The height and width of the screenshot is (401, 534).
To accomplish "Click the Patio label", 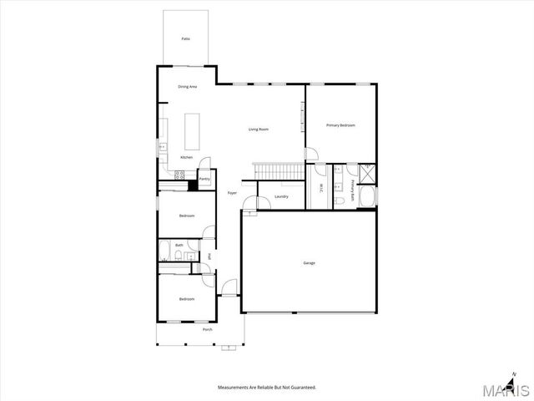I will tap(186, 39).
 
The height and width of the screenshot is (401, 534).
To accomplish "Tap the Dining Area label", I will tap(187, 87).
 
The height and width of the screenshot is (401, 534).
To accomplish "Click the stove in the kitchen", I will tap(178, 174).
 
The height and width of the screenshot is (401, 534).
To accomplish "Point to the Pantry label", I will tap(204, 179).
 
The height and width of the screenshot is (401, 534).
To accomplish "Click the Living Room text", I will tap(259, 129).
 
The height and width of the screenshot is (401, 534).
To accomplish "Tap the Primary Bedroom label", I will tap(340, 125).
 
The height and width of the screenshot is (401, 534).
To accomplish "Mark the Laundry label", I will tap(281, 197).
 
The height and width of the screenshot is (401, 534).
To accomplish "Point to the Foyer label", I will tap(232, 193).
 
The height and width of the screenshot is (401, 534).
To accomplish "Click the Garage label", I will tap(309, 263).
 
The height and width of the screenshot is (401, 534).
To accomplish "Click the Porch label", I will tap(207, 329).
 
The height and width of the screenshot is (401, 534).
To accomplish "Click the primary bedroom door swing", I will tap(311, 154).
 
